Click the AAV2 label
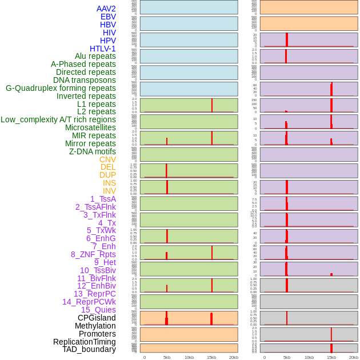click(106, 9)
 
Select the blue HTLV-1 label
click(103, 49)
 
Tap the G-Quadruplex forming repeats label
click(61, 88)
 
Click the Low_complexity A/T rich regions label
click(58, 119)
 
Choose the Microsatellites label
click(90, 127)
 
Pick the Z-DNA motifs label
click(93, 151)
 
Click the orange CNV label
click(107, 159)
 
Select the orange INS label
click(109, 183)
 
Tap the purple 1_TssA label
click(103, 199)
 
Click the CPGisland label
click(97, 318)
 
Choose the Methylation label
click(95, 326)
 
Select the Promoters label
click(97, 334)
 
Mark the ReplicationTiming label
click(85, 342)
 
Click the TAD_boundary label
click(89, 349)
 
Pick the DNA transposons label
click(85, 80)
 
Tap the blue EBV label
click(108, 17)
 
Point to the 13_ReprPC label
click(94, 294)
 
